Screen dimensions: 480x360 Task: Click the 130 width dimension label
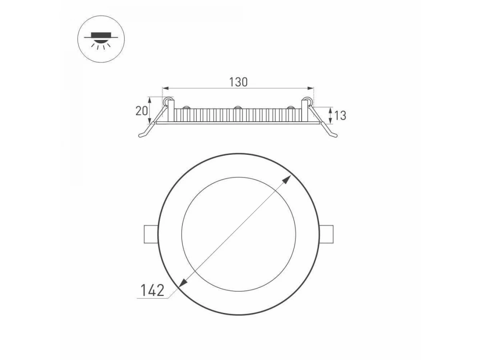pyautogui.click(x=238, y=82)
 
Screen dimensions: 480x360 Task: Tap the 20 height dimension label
pyautogui.click(x=142, y=111)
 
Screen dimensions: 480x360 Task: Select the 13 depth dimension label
pyautogui.click(x=340, y=116)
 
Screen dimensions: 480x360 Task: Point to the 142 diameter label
pyautogui.click(x=152, y=290)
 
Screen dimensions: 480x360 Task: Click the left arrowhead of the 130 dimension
pyautogui.click(x=166, y=88)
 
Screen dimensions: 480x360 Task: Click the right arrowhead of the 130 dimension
pyautogui.click(x=310, y=88)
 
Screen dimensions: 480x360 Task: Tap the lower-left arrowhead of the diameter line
pyautogui.click(x=183, y=284)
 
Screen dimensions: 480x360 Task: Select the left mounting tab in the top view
pyautogui.click(x=151, y=234)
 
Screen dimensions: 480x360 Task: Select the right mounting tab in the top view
pyautogui.click(x=326, y=234)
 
